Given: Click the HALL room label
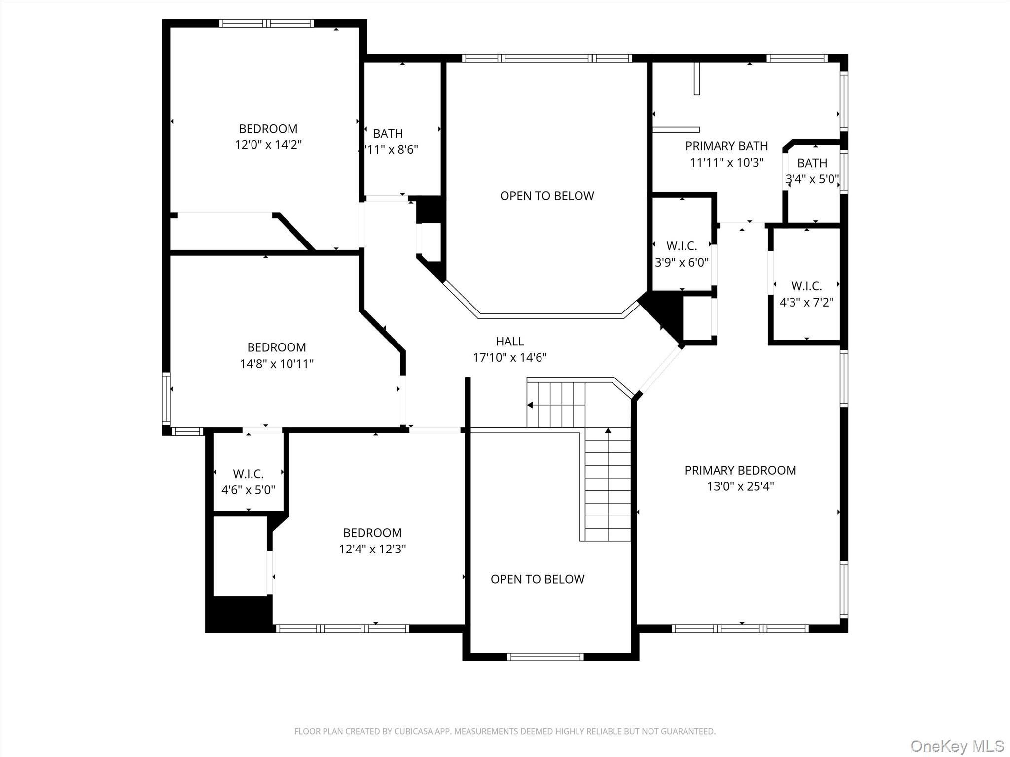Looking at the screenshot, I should (x=509, y=341).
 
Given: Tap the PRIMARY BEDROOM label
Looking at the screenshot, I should (x=740, y=470).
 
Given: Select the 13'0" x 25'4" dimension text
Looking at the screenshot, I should (x=740, y=487).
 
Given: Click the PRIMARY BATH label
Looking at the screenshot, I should (x=726, y=146).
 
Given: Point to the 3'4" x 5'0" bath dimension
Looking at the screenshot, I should (x=812, y=179).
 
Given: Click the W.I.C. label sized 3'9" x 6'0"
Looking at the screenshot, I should (x=682, y=246).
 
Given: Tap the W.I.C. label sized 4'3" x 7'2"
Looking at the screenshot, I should (x=806, y=286).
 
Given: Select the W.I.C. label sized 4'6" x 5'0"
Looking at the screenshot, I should (x=248, y=474).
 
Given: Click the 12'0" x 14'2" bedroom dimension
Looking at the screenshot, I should (x=268, y=145).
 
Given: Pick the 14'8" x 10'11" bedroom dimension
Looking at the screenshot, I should (x=277, y=364).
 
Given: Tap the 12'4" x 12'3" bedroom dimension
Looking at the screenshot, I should (x=372, y=549).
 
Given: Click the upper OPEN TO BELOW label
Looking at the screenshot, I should (x=547, y=196).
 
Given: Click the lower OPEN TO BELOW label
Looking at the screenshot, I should (x=538, y=579).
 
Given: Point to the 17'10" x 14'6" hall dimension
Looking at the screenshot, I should (x=509, y=358).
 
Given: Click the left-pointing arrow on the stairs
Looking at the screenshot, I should (x=530, y=405).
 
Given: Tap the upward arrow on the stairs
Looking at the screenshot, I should (x=608, y=431).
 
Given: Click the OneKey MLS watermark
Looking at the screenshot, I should (x=957, y=746).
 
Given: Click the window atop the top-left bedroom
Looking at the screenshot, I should (x=266, y=23).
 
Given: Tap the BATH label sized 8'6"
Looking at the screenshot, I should (x=388, y=134).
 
